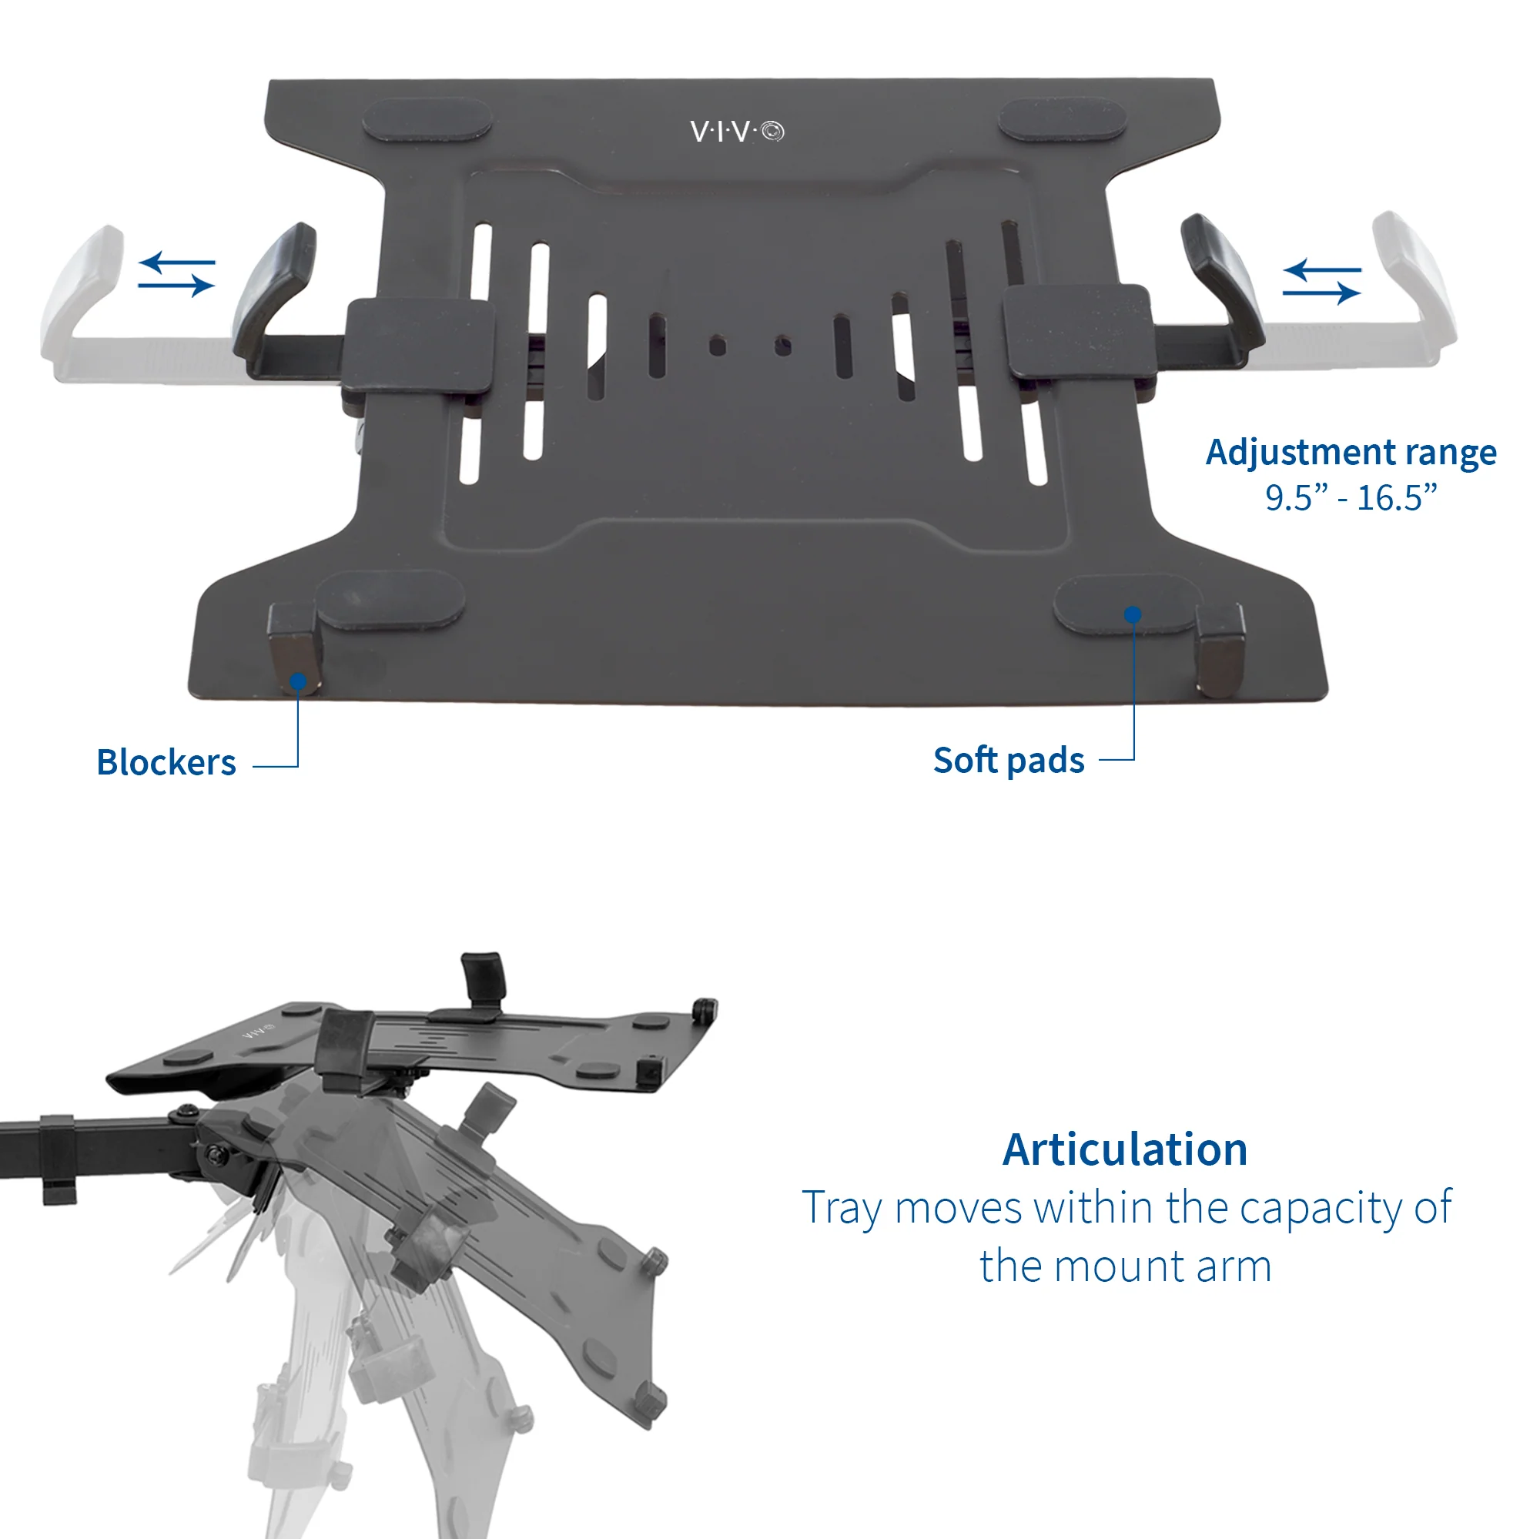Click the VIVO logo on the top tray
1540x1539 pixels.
click(x=737, y=132)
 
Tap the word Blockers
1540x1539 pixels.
click(x=166, y=763)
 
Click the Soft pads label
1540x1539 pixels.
click(x=1009, y=761)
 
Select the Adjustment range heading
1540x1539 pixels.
click(x=1351, y=453)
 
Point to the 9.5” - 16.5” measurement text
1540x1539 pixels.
click(x=1351, y=498)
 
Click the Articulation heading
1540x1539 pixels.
click(x=1125, y=1149)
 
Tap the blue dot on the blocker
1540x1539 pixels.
click(x=298, y=681)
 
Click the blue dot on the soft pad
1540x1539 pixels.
click(x=1133, y=614)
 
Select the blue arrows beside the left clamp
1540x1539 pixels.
click(x=176, y=273)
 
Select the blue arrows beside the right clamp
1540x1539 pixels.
click(x=1321, y=281)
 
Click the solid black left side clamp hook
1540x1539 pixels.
click(x=275, y=295)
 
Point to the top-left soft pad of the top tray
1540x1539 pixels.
click(x=427, y=119)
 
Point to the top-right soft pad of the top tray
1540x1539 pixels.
click(x=1063, y=119)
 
